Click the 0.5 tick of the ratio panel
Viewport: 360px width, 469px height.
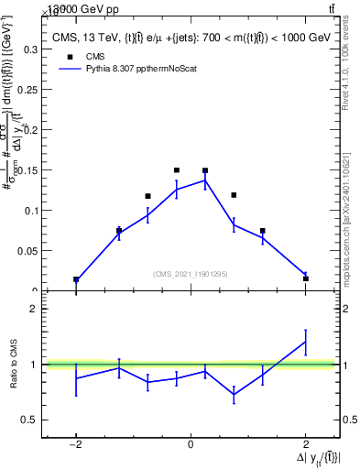point(27,420)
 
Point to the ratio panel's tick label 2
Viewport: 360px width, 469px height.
point(32,309)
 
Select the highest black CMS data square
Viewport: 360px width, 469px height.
point(177,170)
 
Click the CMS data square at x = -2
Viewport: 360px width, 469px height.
point(76,279)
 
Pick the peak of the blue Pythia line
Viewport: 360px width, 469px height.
point(205,180)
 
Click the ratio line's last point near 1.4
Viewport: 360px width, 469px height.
point(305,342)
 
